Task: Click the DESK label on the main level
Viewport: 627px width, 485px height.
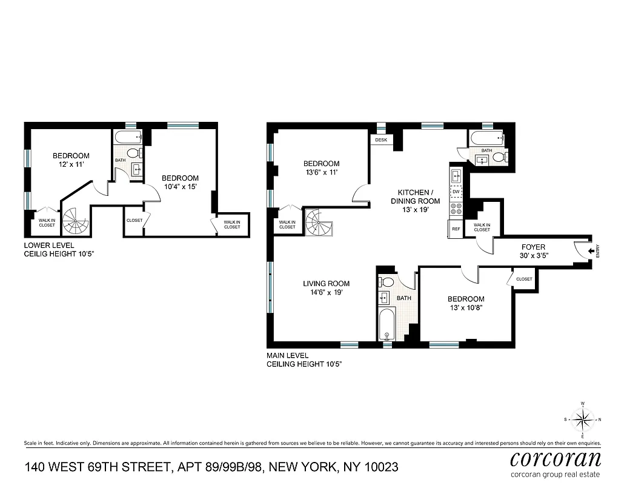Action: point(381,140)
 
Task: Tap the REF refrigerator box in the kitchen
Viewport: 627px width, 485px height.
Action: point(456,229)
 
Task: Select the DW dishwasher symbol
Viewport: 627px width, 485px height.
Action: point(456,192)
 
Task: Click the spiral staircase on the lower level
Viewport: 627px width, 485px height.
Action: point(76,220)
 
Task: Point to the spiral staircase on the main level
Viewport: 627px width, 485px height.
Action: point(319,222)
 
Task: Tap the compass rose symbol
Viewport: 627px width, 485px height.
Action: point(582,419)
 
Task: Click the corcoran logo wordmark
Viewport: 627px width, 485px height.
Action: point(556,458)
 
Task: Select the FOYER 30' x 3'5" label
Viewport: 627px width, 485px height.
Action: point(533,251)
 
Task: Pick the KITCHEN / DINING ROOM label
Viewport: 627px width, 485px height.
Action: point(415,201)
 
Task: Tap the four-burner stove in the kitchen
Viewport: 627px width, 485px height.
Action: point(456,209)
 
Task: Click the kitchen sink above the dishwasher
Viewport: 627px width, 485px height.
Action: point(456,176)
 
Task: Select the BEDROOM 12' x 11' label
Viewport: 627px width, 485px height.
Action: point(70,160)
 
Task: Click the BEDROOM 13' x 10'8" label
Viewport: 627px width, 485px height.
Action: point(465,303)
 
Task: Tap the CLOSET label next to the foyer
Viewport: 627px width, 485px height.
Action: point(524,279)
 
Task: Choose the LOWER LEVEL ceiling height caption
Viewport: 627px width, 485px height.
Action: point(59,249)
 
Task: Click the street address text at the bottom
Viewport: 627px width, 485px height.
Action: point(211,467)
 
